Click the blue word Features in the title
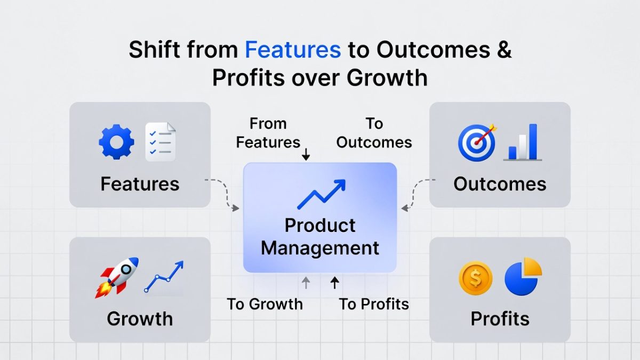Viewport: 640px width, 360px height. click(293, 50)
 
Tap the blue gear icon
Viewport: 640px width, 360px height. click(116, 142)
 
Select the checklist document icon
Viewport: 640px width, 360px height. click(161, 142)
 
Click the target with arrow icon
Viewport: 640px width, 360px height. click(476, 142)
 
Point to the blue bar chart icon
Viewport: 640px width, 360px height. click(523, 142)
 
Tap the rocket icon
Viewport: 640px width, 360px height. click(117, 277)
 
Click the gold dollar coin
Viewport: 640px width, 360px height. click(475, 278)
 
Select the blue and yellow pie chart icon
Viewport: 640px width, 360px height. click(523, 277)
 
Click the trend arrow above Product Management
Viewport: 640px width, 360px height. click(321, 194)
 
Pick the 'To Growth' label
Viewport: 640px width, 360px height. click(265, 305)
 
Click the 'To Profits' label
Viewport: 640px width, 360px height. click(374, 305)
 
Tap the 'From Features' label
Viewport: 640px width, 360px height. click(268, 133)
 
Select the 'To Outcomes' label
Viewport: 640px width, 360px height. click(374, 133)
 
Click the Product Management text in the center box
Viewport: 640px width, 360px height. click(320, 236)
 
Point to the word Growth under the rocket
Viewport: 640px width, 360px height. click(140, 319)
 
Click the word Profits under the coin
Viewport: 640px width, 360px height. click(500, 319)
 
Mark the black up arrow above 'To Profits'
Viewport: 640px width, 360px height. click(334, 283)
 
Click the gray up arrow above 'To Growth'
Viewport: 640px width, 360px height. click(306, 283)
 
